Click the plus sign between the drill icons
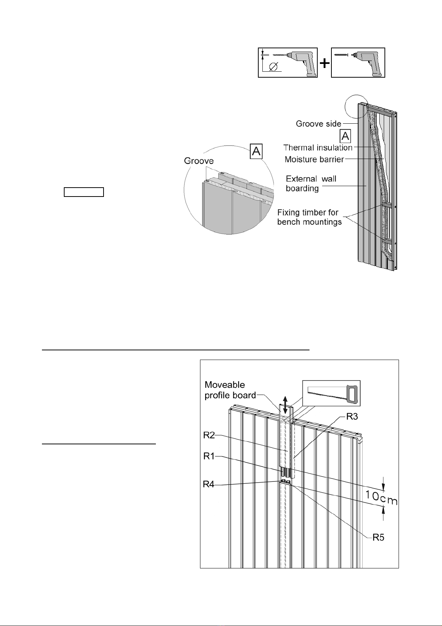[x=325, y=63]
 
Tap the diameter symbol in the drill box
[x=273, y=67]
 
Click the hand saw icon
[x=331, y=393]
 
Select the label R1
[x=209, y=456]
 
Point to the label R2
[x=209, y=435]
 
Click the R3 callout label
[x=352, y=416]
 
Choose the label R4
[x=209, y=484]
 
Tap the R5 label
[x=378, y=537]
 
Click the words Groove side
[x=318, y=124]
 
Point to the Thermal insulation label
[x=318, y=147]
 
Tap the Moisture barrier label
[x=314, y=159]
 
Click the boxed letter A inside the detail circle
[x=256, y=152]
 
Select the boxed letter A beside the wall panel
[x=345, y=136]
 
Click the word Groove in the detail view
[x=199, y=161]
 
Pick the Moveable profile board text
[x=230, y=390]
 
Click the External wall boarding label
[x=311, y=184]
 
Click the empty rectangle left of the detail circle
[x=84, y=192]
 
